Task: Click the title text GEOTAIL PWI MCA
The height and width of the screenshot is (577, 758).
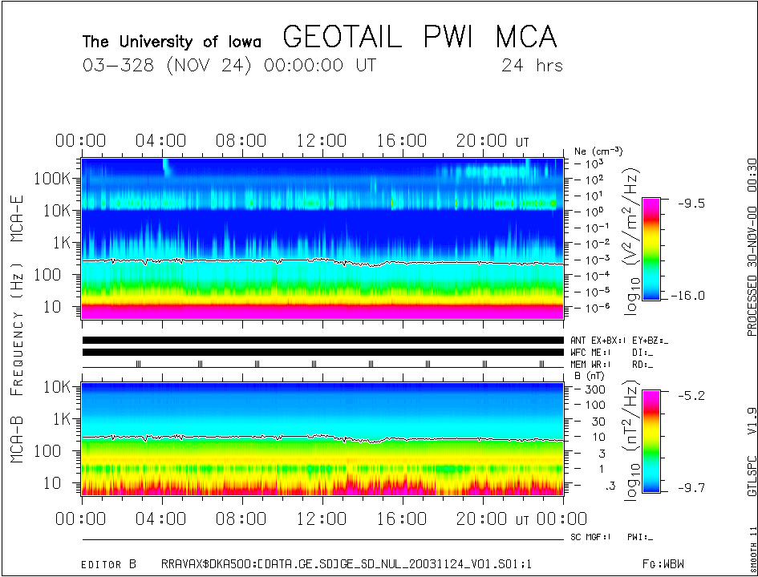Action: pos(420,37)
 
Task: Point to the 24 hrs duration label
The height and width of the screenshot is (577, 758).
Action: pos(531,66)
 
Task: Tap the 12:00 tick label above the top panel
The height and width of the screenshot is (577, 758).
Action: pos(322,142)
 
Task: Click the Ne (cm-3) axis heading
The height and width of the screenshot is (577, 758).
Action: pos(598,151)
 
